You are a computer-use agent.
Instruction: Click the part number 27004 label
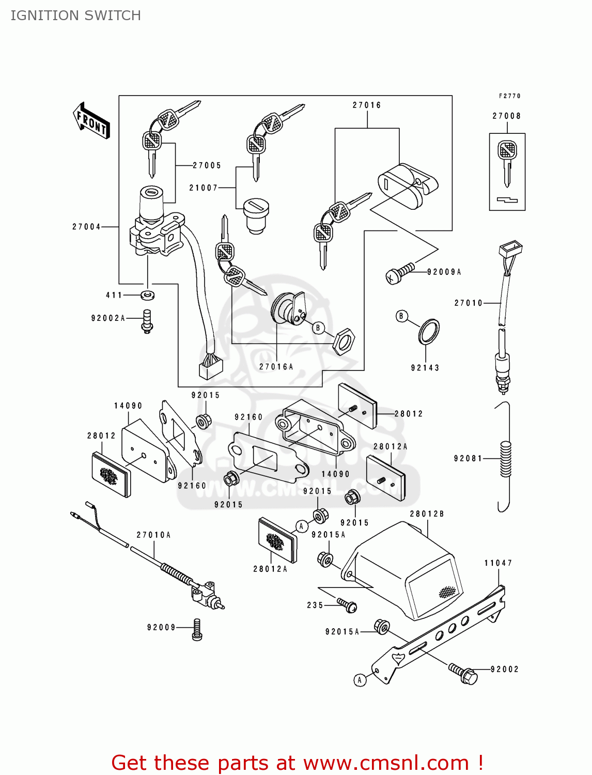coord(86,227)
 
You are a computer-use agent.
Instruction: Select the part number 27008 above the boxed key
coord(506,116)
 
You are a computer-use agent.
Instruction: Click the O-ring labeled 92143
coord(429,332)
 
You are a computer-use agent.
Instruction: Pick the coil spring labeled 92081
coord(506,459)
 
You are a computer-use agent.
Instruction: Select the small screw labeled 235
coord(347,605)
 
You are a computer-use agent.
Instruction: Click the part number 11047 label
coord(498,563)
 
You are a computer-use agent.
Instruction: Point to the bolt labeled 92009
coord(197,630)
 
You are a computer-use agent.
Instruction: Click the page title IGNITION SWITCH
coord(76,16)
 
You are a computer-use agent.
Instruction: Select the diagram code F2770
coord(509,96)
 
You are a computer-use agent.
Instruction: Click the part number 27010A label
coord(153,535)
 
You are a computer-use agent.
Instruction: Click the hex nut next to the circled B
coord(344,341)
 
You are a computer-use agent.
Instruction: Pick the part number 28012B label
coord(427,514)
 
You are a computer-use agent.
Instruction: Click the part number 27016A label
coord(276,367)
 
